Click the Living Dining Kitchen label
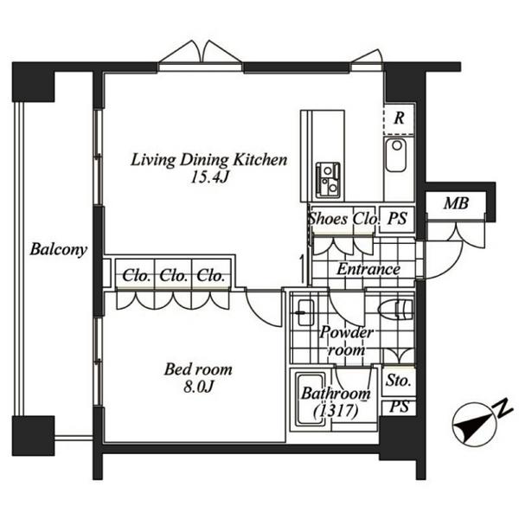click(x=209, y=160)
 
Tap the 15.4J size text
click(x=209, y=177)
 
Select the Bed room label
click(x=198, y=369)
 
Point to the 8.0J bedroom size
click(x=198, y=387)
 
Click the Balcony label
click(x=59, y=249)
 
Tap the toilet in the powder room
click(x=395, y=309)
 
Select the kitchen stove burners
click(x=328, y=180)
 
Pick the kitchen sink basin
click(x=396, y=155)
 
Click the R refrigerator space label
click(x=399, y=119)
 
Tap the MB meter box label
click(x=456, y=203)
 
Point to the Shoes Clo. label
click(x=343, y=219)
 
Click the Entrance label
click(x=368, y=269)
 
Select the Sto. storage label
click(x=398, y=381)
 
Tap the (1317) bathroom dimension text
click(x=336, y=411)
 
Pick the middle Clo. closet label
click(x=173, y=275)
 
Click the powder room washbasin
click(x=305, y=313)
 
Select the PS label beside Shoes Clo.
click(x=397, y=218)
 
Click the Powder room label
click(x=346, y=341)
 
